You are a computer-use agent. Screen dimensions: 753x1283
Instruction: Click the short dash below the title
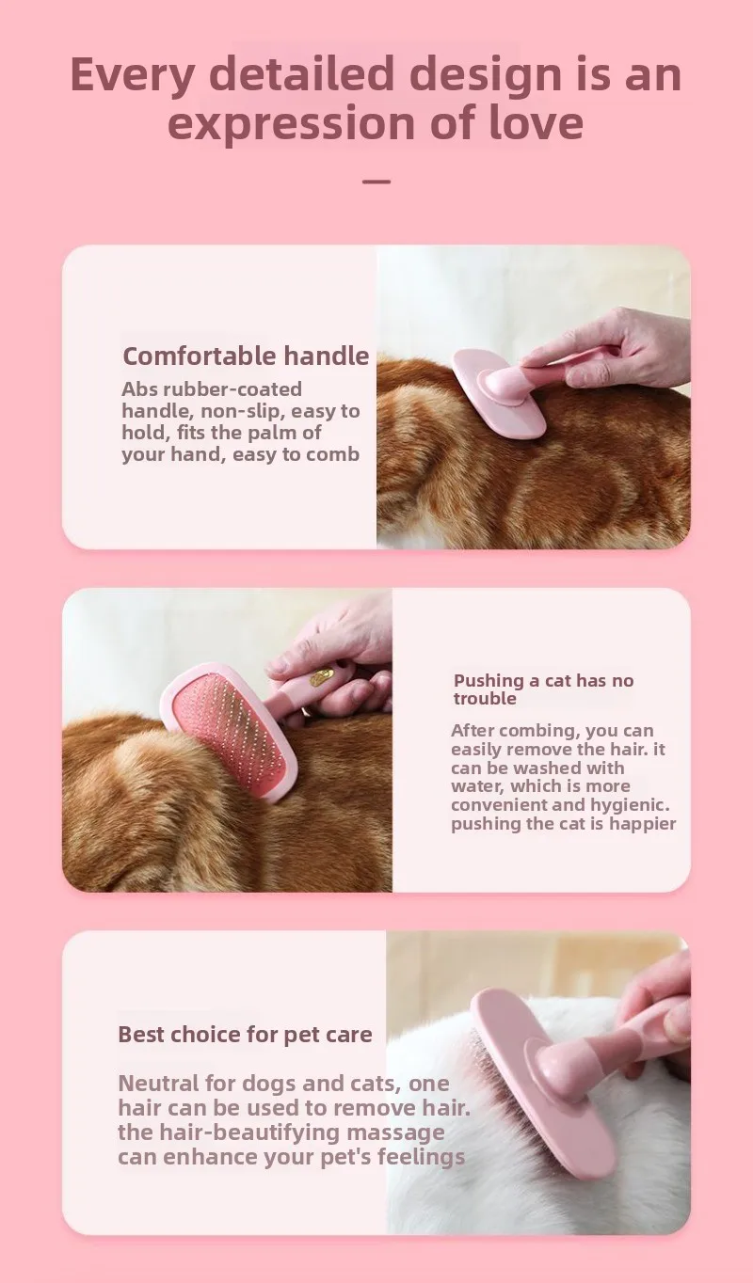pyautogui.click(x=376, y=181)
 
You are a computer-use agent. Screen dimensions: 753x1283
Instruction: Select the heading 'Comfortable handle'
pyautogui.click(x=246, y=356)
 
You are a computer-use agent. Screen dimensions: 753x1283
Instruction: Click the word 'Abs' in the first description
pyautogui.click(x=140, y=388)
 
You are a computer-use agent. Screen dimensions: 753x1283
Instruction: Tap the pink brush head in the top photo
pyautogui.click(x=499, y=394)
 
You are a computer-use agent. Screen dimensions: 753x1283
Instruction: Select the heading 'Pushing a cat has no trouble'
pyautogui.click(x=543, y=689)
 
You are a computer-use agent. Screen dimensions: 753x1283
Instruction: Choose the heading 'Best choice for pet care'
pyautogui.click(x=245, y=1035)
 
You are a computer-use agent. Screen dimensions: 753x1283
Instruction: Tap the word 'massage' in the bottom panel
pyautogui.click(x=395, y=1132)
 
